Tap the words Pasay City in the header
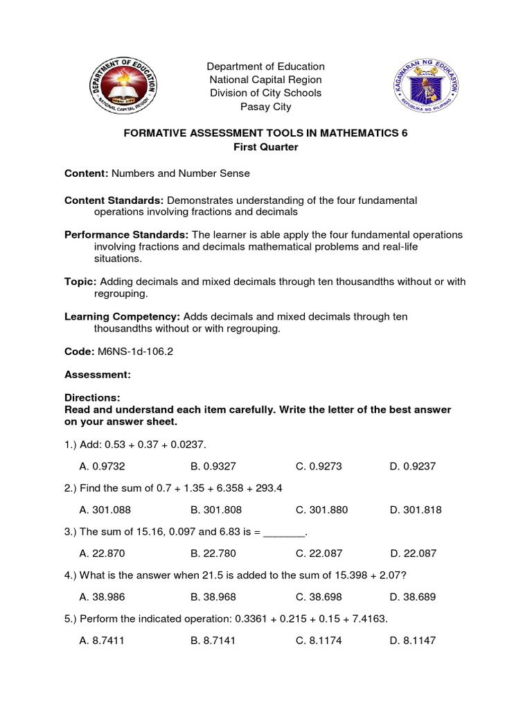coord(265,107)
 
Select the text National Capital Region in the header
coord(265,80)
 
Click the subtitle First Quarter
coord(265,147)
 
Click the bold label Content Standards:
coord(114,200)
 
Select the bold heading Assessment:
coord(97,374)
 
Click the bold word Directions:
coord(92,398)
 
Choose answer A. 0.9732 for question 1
coord(103,467)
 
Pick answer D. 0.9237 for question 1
coord(413,467)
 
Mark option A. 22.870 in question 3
coord(103,553)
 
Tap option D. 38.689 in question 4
coord(413,597)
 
